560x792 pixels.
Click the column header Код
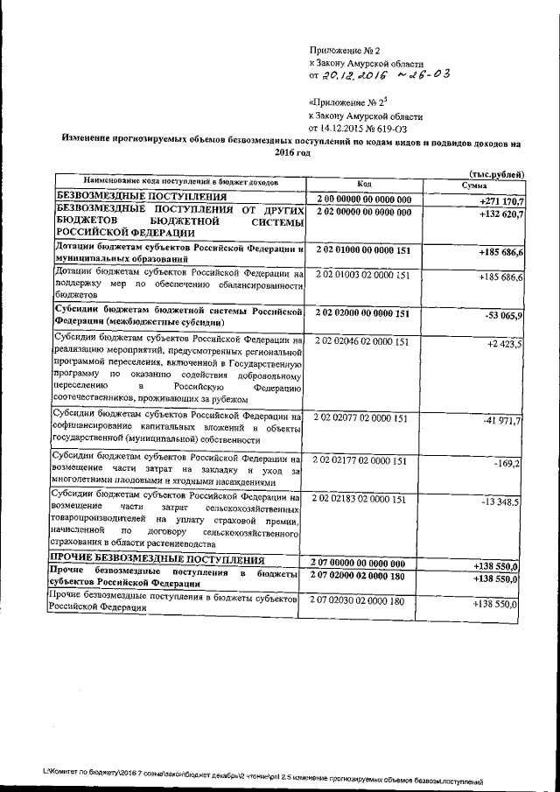(364, 184)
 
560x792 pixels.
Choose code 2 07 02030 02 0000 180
(360, 601)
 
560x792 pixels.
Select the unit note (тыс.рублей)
(496, 174)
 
